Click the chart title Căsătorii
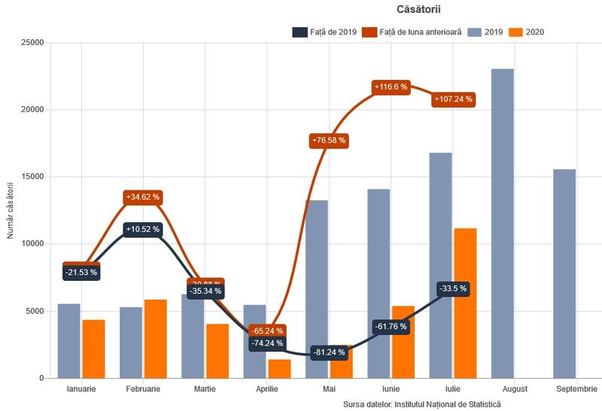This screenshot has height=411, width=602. point(418,9)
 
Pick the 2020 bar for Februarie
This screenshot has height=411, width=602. point(156,339)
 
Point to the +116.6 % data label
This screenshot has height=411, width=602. point(390,87)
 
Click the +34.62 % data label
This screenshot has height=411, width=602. point(141,197)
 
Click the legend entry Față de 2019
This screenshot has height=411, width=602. point(324,32)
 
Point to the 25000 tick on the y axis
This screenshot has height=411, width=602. point(30,43)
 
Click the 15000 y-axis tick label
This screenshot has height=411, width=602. point(30,177)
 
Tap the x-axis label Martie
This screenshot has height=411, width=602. point(205,389)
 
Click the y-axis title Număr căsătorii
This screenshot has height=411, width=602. point(11,210)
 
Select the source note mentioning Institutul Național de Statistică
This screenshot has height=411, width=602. point(421,404)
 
